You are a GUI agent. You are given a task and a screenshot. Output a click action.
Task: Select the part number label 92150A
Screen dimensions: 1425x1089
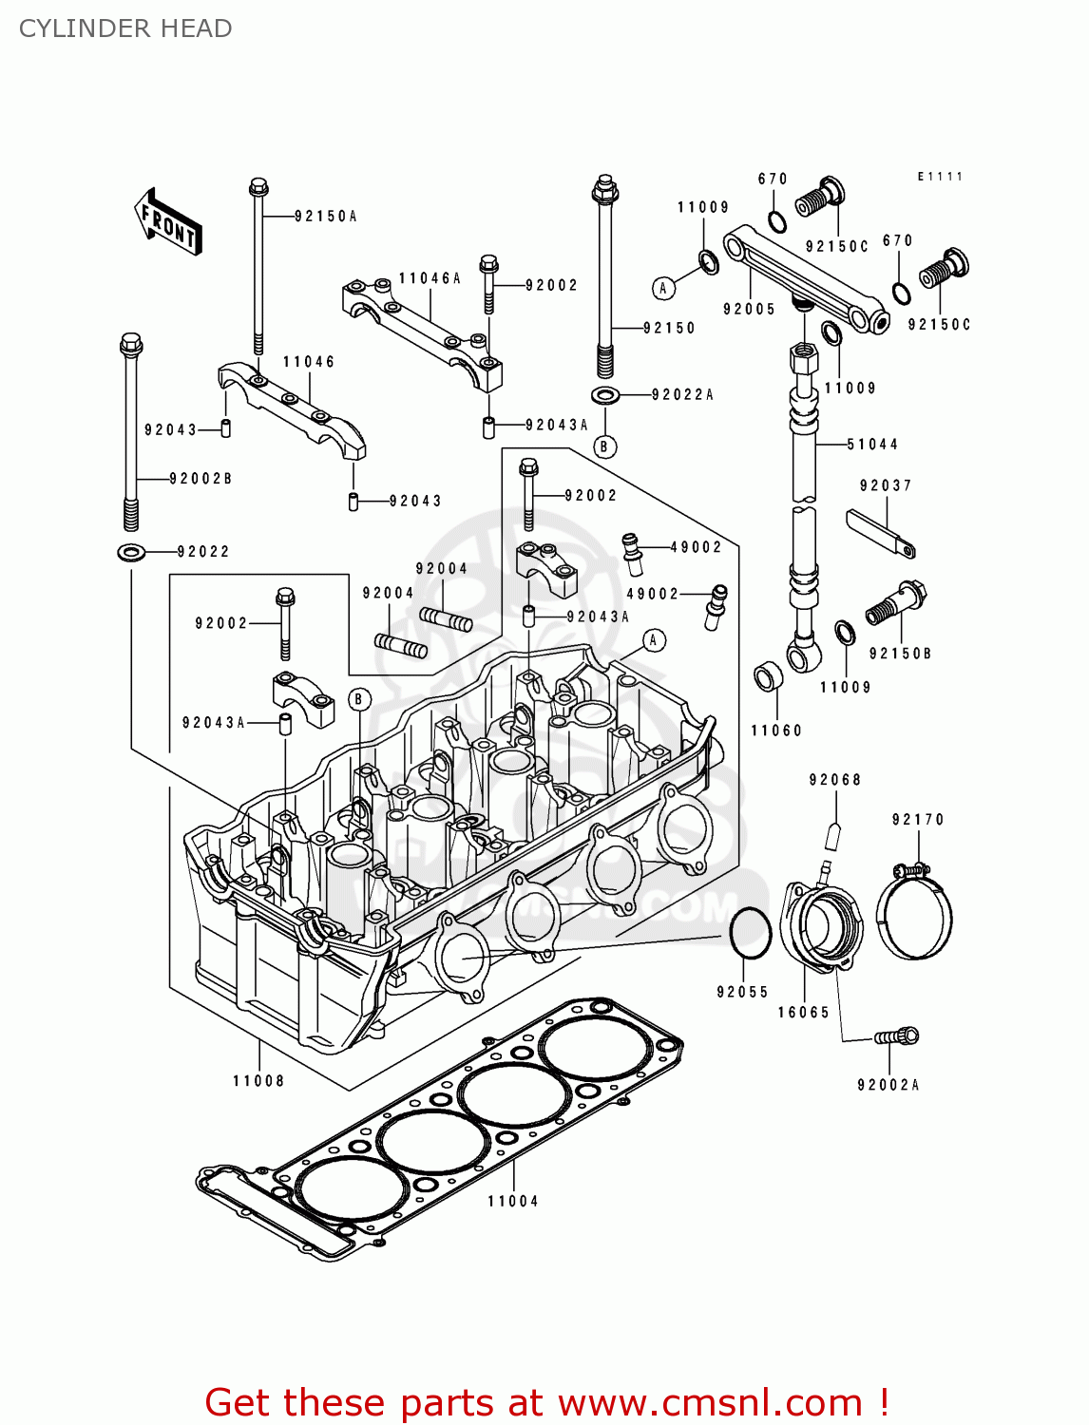click(325, 217)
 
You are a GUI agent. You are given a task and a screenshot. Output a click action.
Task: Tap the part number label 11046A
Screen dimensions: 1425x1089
click(430, 278)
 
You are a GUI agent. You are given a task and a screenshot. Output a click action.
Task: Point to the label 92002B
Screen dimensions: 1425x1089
click(201, 479)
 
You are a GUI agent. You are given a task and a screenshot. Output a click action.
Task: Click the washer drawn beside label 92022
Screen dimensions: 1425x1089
click(131, 551)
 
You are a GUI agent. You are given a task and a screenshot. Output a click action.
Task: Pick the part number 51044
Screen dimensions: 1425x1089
click(872, 444)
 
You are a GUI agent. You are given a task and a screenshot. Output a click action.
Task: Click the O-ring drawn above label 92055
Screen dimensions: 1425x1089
click(750, 933)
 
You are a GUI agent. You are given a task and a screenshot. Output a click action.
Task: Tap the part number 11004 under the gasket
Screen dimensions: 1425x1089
click(513, 1201)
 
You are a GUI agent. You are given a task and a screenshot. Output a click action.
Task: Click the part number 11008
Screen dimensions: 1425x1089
click(258, 1080)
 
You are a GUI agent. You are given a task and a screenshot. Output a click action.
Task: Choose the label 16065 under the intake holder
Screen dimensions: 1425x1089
click(804, 1013)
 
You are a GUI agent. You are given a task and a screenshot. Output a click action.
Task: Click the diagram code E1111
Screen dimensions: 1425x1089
click(940, 177)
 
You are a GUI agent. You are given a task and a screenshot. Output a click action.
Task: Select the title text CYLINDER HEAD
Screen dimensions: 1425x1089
click(125, 28)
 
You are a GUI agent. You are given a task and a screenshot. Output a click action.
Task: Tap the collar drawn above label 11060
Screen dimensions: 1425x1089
click(768, 677)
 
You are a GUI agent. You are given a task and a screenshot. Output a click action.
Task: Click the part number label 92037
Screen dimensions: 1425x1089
click(886, 485)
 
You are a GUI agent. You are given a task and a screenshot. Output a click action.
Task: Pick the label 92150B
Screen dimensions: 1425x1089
click(900, 654)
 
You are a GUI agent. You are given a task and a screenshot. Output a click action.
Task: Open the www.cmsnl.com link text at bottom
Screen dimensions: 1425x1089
click(710, 1402)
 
